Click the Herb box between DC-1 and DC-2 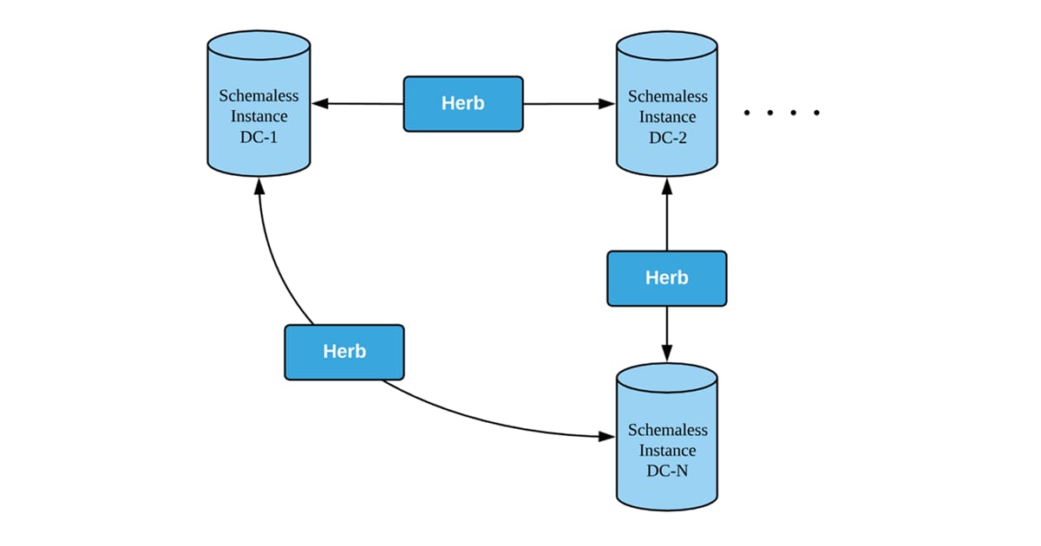tap(463, 103)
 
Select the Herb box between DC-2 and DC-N tap(666, 278)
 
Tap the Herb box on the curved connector tap(344, 352)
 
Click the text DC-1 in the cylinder tap(259, 137)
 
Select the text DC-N tap(667, 471)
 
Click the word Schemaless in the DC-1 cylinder tap(259, 95)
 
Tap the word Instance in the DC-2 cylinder tap(667, 117)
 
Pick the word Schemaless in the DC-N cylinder tap(667, 430)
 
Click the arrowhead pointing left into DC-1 tap(321, 103)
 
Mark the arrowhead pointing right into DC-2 tap(606, 103)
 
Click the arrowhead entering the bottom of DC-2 tap(666, 185)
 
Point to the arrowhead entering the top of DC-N tap(666, 354)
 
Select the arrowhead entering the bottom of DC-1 tap(258, 186)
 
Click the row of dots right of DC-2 tap(782, 113)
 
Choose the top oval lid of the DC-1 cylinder tap(259, 44)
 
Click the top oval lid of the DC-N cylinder tap(666, 378)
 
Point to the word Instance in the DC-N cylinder tap(667, 451)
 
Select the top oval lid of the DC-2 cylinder tap(666, 44)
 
